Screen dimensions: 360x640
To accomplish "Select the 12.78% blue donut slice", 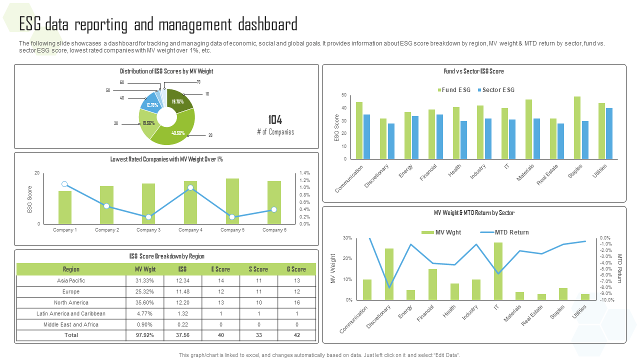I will [x=151, y=104].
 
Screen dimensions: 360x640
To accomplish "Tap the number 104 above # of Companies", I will [x=275, y=120].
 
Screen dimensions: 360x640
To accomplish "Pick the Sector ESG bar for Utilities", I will [x=609, y=133].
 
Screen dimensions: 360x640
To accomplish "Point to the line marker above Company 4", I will [x=190, y=187].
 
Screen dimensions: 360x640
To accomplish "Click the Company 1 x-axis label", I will [x=65, y=230].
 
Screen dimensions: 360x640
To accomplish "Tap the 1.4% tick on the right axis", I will [x=304, y=172].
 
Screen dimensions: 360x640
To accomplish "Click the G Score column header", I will [x=296, y=269].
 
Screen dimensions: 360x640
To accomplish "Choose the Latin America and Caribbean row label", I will [x=71, y=313].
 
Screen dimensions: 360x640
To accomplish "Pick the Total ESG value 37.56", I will [x=182, y=335].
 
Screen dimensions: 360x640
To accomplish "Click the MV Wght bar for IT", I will [x=498, y=271].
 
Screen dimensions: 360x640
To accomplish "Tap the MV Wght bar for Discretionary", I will [x=389, y=274].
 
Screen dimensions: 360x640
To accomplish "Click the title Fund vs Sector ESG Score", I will [x=473, y=71].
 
